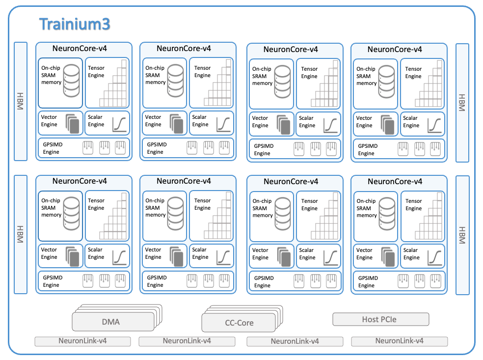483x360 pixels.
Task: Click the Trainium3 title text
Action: tap(75, 24)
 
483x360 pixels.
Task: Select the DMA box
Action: tap(111, 322)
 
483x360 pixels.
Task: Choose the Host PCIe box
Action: tap(380, 319)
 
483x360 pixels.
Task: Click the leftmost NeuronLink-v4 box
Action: tap(82, 341)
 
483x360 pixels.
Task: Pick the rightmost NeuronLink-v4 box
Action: tap(399, 341)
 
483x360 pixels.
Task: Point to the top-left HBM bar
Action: tap(20, 101)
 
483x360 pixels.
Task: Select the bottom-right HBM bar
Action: tap(462, 235)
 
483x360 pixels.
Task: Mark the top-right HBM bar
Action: tap(462, 102)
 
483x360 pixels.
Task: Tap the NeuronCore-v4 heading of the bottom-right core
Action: tap(395, 182)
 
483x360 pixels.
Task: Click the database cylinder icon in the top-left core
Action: tap(72, 80)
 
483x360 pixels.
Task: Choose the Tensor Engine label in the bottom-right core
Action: tap(413, 205)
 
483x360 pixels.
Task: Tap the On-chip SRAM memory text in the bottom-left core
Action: tap(51, 208)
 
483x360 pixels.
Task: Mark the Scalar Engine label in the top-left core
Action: tap(96, 121)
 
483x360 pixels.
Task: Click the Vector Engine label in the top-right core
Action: tap(364, 122)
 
